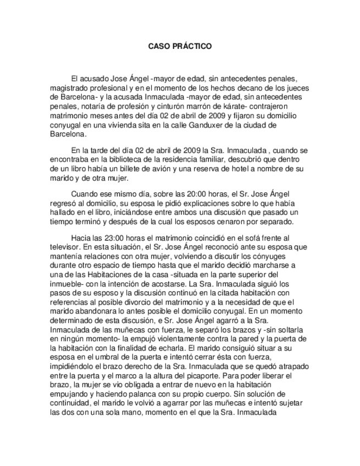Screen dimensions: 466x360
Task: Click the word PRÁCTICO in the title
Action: (x=193, y=47)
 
